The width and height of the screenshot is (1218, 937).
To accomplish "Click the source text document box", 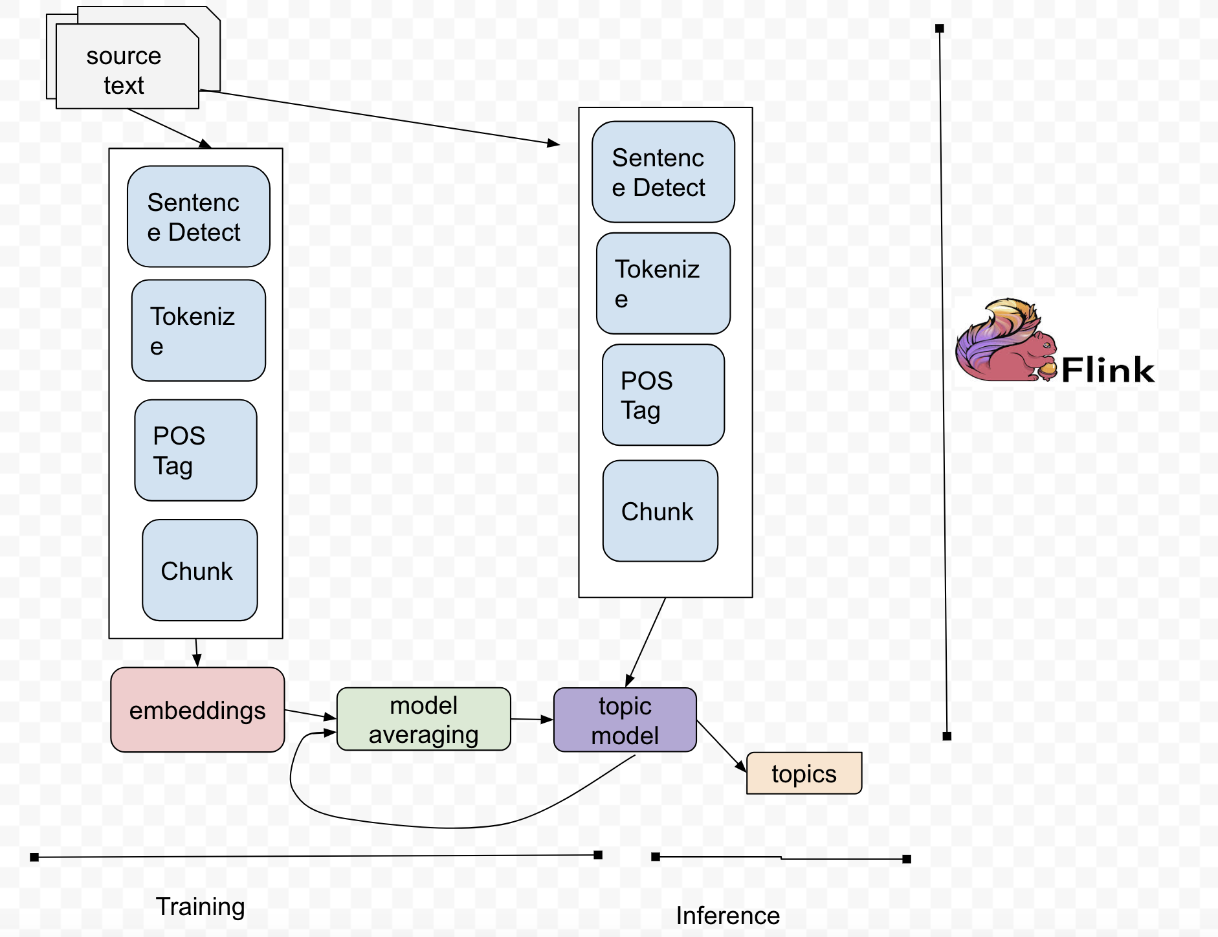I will pos(127,67).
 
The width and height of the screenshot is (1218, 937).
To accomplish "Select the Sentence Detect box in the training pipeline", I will pos(198,217).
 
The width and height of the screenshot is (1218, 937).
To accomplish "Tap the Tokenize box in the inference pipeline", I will pos(663,283).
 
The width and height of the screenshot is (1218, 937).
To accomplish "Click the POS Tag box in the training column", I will pos(195,450).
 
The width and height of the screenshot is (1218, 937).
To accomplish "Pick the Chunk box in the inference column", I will pos(660,511).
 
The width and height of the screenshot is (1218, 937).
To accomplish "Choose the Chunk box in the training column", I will pos(199,570).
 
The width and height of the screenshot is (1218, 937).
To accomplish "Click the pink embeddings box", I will pos(197,710).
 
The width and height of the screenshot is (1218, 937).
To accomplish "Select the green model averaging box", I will pos(423,719).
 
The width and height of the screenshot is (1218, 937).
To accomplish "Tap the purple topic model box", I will pos(625,720).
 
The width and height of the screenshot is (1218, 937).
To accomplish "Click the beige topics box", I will pos(804,773).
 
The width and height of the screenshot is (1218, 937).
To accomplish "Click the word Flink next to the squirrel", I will pos(1107,370).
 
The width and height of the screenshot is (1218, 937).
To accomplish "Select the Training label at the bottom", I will pos(200,907).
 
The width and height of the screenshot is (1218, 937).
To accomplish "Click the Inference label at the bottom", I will pos(727,916).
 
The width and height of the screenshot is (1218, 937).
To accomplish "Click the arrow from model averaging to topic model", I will pos(531,719).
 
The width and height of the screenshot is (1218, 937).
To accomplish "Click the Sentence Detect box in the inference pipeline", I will pos(663,172).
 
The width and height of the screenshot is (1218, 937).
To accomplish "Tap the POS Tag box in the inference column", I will pos(663,395).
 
